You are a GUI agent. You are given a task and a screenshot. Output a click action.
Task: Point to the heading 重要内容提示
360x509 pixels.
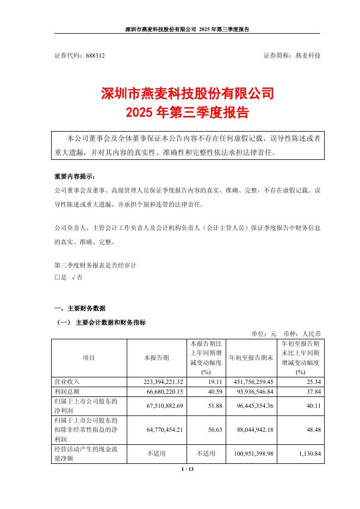coord(74,177)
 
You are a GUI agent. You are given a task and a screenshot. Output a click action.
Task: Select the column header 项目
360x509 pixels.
coord(89,358)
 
